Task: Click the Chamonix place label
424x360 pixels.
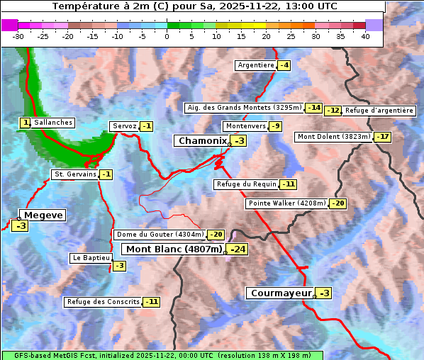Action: pyautogui.click(x=202, y=141)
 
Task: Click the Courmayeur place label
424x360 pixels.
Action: pyautogui.click(x=281, y=293)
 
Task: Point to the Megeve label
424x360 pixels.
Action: pyautogui.click(x=43, y=215)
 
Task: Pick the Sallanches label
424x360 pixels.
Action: pyautogui.click(x=53, y=123)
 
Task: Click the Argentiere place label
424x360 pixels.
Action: pyautogui.click(x=256, y=65)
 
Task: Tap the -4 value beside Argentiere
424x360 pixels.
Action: pyautogui.click(x=284, y=65)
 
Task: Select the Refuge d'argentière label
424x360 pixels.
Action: pyautogui.click(x=379, y=111)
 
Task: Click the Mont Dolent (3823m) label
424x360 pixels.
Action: pyautogui.click(x=334, y=137)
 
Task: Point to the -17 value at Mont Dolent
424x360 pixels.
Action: pyautogui.click(x=383, y=137)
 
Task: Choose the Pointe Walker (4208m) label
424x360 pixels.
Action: pyautogui.click(x=286, y=203)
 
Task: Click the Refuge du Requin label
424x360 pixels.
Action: pyautogui.click(x=246, y=184)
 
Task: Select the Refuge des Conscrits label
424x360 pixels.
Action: pyautogui.click(x=103, y=302)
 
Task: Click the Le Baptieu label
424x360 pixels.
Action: pyautogui.click(x=91, y=259)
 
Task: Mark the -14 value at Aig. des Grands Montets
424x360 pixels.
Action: pyautogui.click(x=314, y=108)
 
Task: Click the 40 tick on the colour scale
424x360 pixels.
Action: pyautogui.click(x=365, y=35)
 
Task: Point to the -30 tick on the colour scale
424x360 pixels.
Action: pyautogui.click(x=19, y=35)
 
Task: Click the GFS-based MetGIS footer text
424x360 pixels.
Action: pyautogui.click(x=162, y=355)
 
